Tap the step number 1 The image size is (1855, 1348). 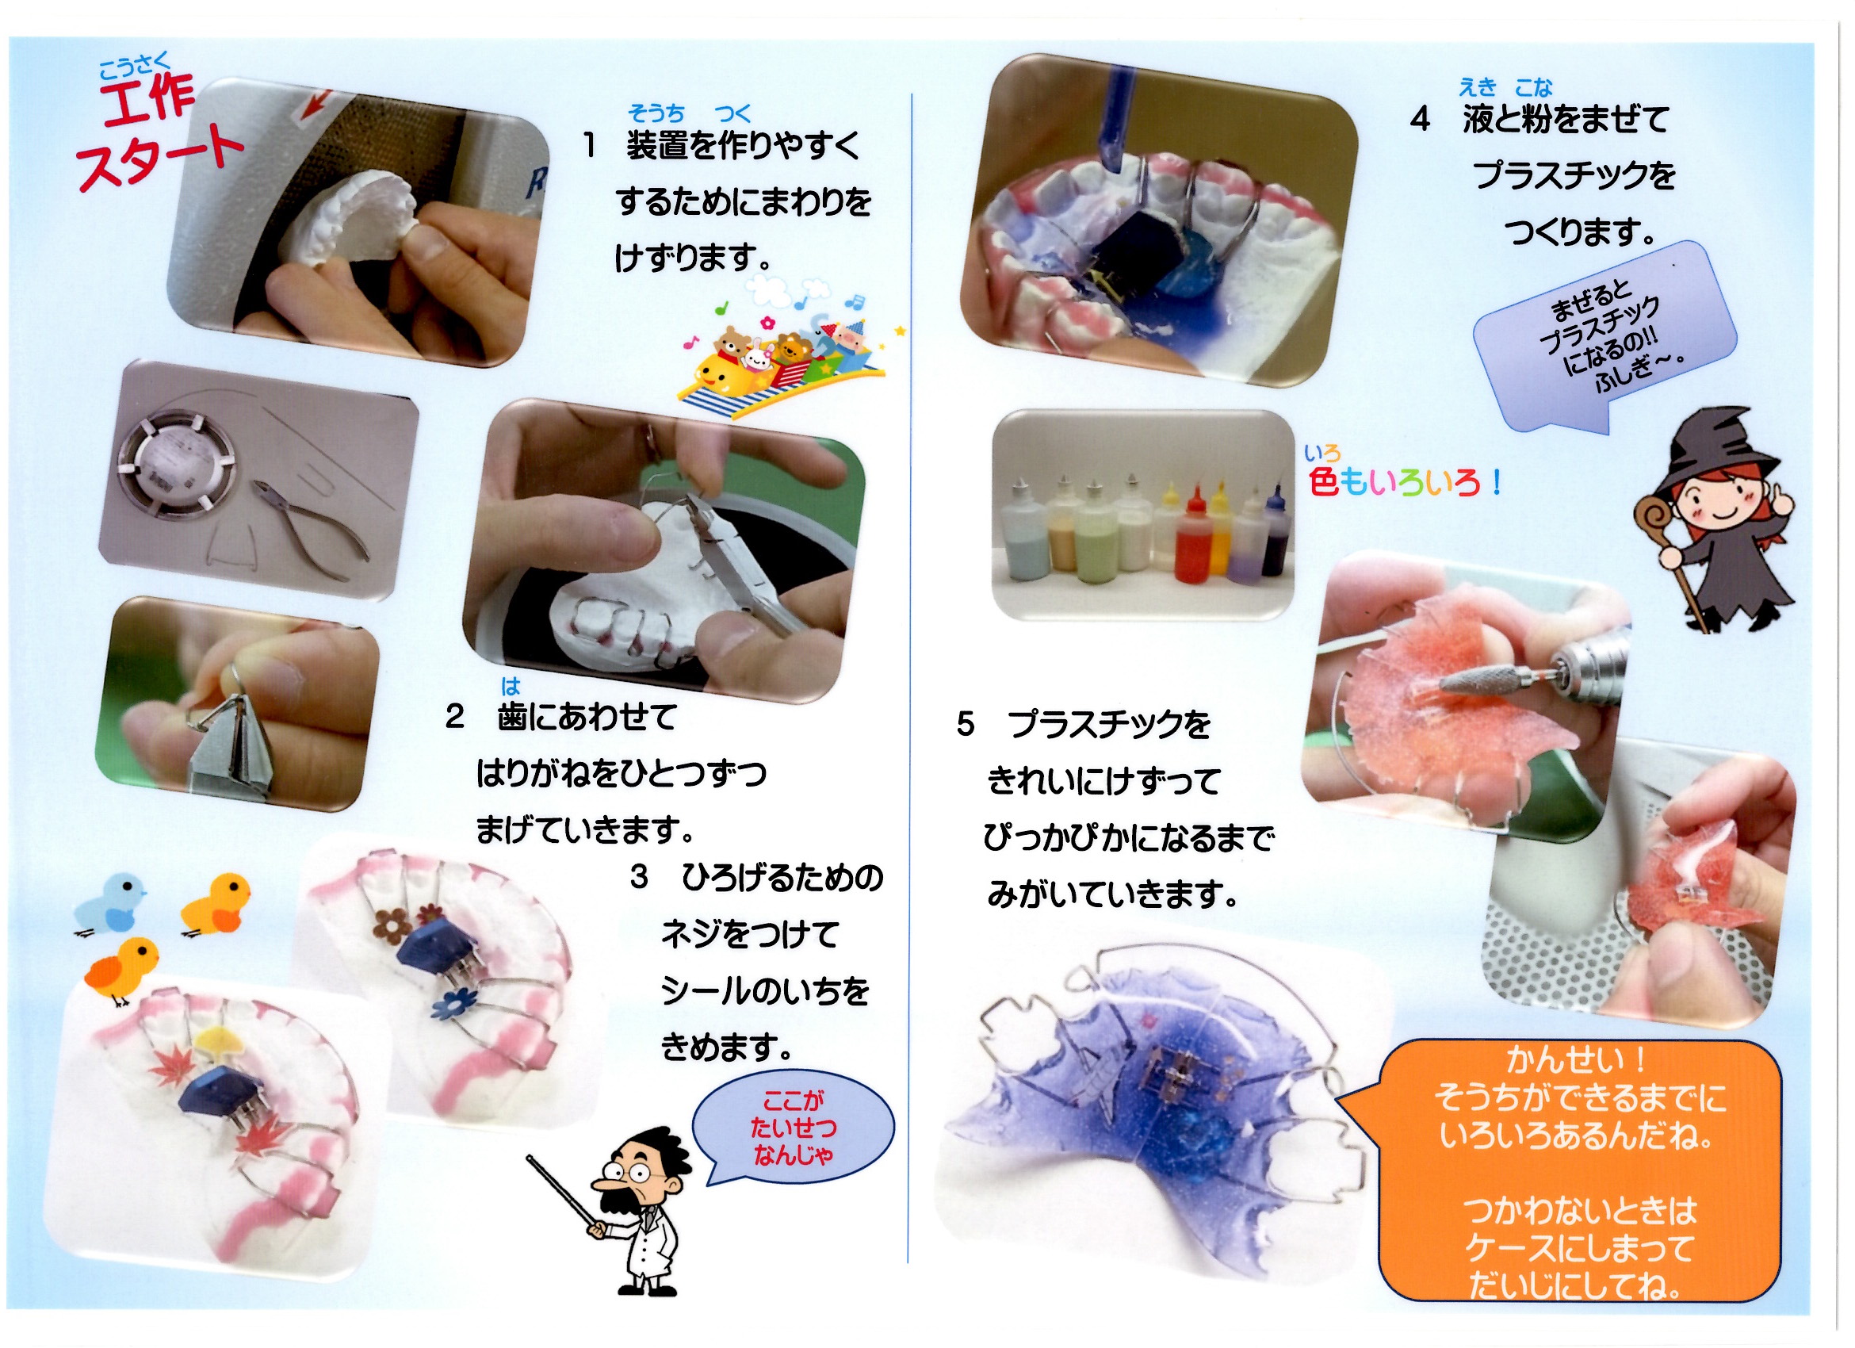coord(589,147)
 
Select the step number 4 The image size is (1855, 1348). coord(1420,120)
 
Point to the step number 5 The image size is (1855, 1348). coord(965,724)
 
